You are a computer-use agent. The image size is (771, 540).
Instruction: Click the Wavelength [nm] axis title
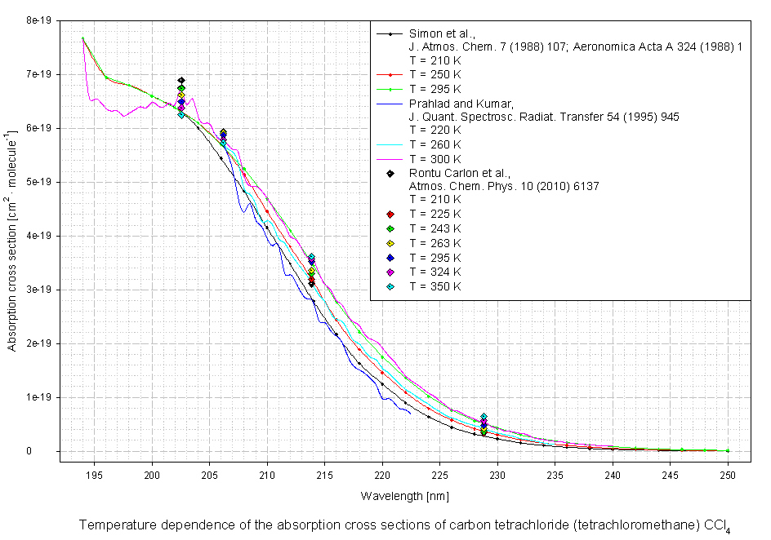[x=404, y=496]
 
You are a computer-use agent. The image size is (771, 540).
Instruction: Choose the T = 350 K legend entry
[x=435, y=286]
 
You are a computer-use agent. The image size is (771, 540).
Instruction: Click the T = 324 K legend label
[x=435, y=272]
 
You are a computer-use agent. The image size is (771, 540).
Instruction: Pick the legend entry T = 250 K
[x=435, y=74]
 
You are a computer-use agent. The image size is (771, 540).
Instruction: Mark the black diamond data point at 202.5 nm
[x=181, y=81]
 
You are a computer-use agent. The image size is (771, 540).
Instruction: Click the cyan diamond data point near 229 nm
[x=484, y=417]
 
